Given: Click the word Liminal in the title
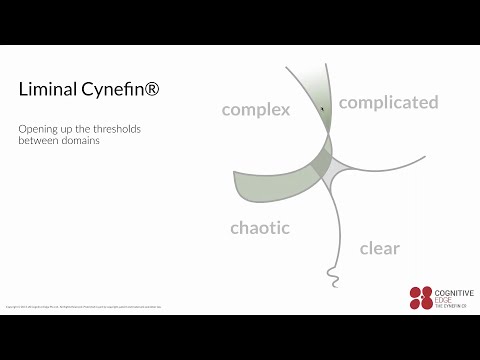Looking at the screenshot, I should pos(46,89).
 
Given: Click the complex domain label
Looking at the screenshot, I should pos(255,109).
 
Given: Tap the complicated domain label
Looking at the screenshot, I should pos(388,102).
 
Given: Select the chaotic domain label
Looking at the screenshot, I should pos(259,228).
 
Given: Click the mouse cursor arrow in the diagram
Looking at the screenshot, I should pos(322,108).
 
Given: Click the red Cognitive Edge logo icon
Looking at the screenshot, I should pos(421,297).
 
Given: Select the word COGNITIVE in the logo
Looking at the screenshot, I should pos(455,292).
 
